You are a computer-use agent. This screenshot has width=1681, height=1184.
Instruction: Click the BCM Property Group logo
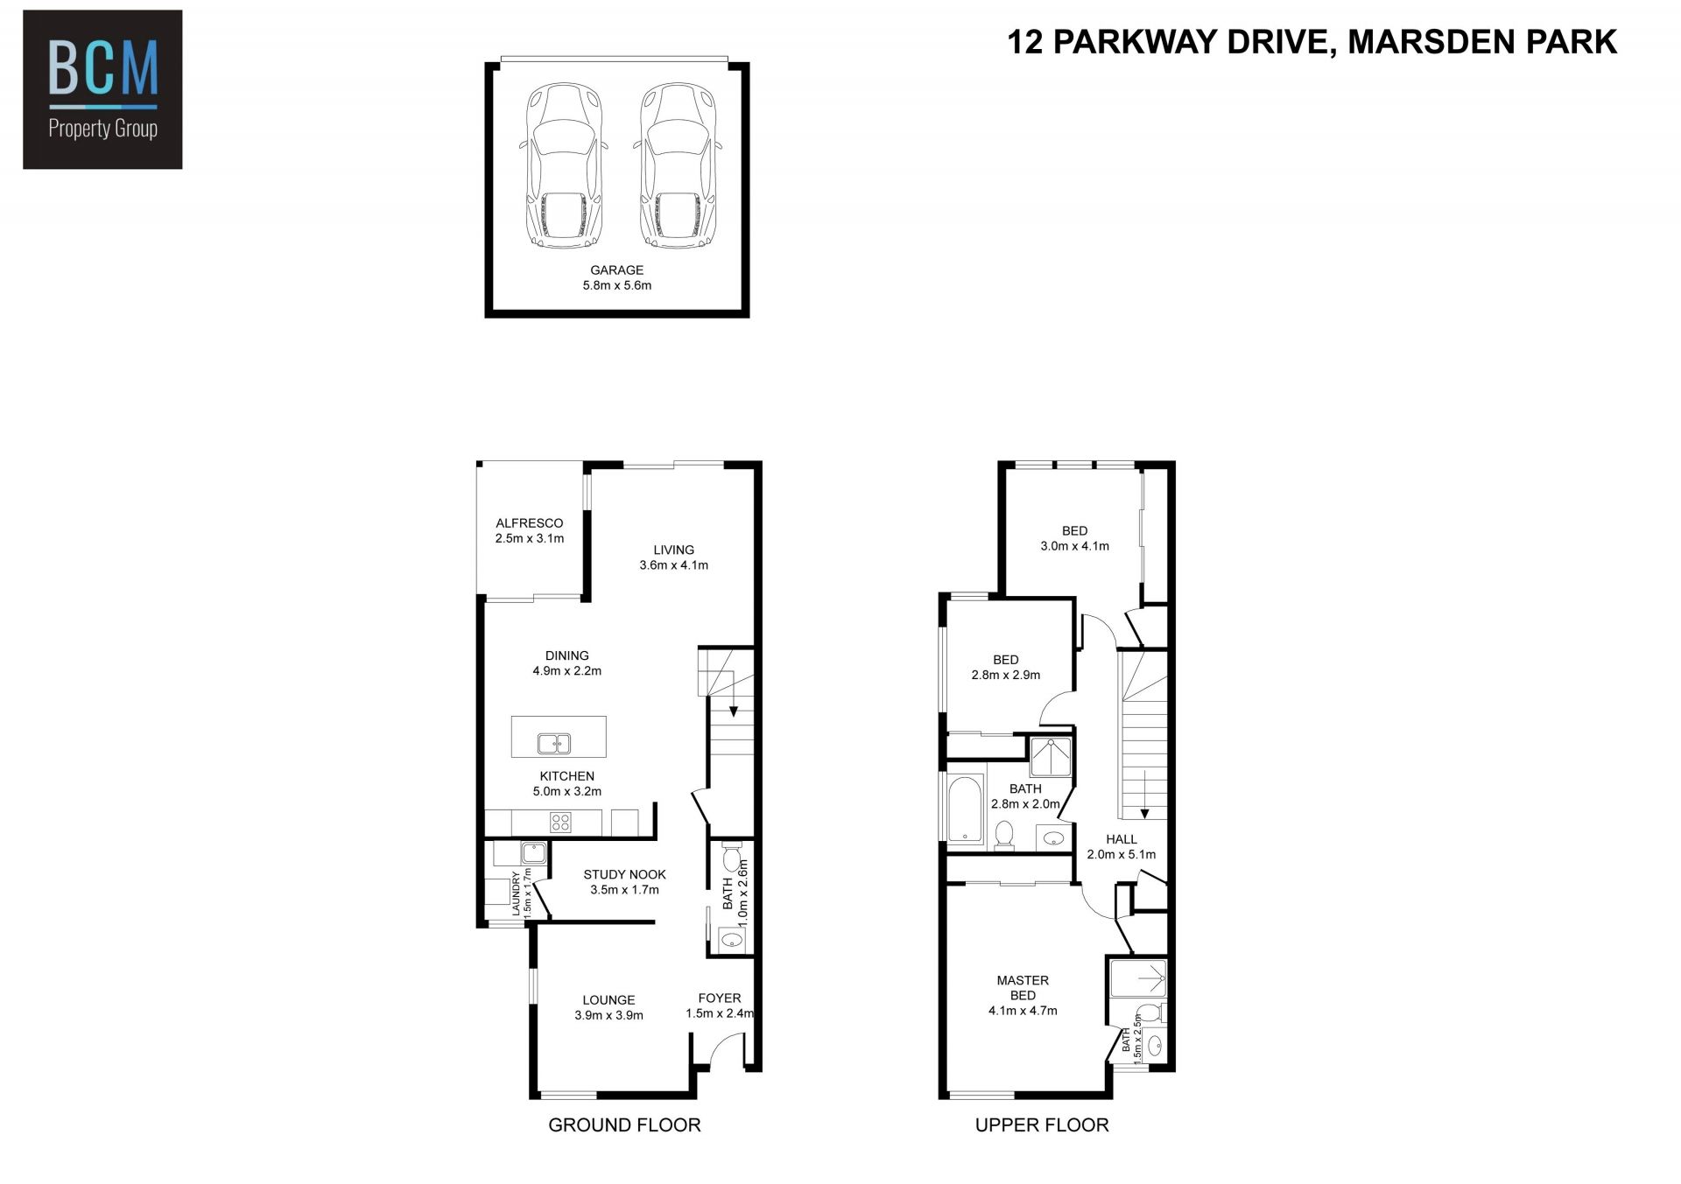(102, 89)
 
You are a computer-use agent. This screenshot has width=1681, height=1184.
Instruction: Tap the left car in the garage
(565, 166)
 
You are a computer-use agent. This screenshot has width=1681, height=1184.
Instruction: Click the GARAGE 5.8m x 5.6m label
(617, 277)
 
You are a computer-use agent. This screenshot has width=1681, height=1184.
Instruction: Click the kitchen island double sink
(554, 743)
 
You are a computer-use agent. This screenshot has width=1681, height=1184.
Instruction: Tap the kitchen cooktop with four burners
(560, 823)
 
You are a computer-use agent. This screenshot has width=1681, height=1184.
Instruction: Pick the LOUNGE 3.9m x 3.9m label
(609, 1007)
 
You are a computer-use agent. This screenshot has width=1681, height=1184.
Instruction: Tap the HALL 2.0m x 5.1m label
(1122, 846)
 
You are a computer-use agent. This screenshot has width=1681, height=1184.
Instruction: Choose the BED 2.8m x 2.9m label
(1006, 667)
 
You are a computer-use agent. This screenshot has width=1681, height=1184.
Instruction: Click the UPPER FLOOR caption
(1042, 1124)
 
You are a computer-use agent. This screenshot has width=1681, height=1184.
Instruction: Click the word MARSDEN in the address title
(1427, 42)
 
